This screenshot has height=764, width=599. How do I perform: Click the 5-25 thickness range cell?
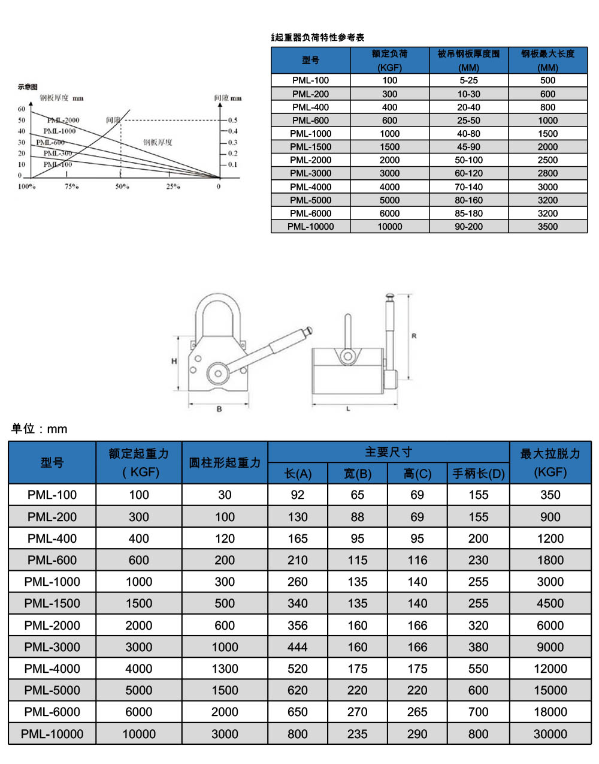468,80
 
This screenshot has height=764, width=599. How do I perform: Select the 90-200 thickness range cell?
468,227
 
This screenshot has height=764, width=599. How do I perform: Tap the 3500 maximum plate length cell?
547,227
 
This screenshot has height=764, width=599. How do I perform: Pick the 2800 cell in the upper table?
547,173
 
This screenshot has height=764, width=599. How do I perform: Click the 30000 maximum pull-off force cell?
550,734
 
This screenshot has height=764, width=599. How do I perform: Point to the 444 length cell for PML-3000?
297,647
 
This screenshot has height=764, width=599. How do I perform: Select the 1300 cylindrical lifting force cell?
225,669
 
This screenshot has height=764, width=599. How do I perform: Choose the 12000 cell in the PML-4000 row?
550,669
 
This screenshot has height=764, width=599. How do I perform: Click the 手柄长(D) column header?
478,474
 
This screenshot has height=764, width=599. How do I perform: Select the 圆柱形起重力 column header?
225,462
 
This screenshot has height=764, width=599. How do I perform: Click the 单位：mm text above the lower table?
40,429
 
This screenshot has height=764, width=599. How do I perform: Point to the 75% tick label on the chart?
71,187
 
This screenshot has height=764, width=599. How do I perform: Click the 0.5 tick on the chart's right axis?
232,120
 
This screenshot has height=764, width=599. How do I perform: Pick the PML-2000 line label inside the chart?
63,121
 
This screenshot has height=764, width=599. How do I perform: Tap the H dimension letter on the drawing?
174,362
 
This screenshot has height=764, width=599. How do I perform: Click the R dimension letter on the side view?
414,336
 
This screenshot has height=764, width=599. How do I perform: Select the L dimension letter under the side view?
348,409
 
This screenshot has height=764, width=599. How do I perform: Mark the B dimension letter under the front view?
219,409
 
